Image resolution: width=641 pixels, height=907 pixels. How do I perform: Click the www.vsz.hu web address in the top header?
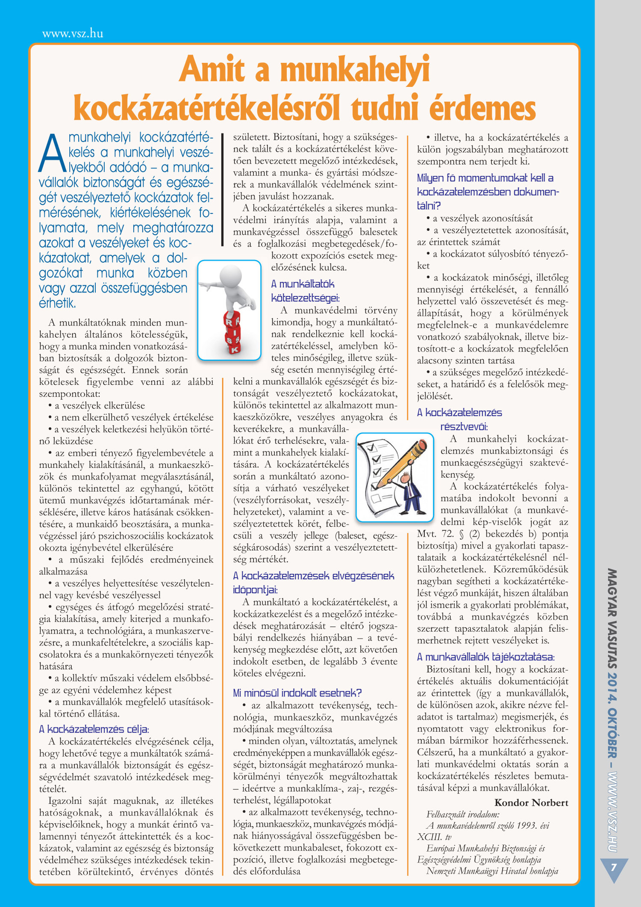coord(73,34)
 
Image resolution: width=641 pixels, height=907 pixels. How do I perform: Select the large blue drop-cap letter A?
coord(52,154)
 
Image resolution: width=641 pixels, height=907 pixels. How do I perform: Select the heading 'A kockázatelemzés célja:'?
coord(94,729)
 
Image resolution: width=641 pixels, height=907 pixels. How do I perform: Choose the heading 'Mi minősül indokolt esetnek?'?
coord(297,693)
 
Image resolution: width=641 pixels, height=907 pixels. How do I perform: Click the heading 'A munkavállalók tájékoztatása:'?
coord(486,657)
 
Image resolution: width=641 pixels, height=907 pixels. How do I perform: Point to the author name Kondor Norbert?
coord(531,803)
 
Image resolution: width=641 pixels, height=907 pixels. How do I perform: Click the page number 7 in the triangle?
coord(614,868)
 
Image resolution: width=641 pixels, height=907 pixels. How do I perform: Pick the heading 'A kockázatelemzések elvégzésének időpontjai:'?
coord(313,583)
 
